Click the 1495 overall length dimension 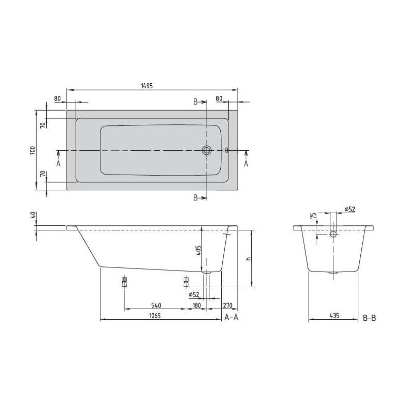click(x=147, y=86)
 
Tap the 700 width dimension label click(x=32, y=150)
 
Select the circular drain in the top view click(x=207, y=150)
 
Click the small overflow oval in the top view click(x=227, y=150)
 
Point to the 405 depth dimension click(x=198, y=251)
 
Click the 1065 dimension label click(x=155, y=316)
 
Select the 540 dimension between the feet click(x=156, y=306)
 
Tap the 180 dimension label click(x=197, y=306)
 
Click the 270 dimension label click(x=227, y=306)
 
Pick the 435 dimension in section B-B click(x=334, y=316)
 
